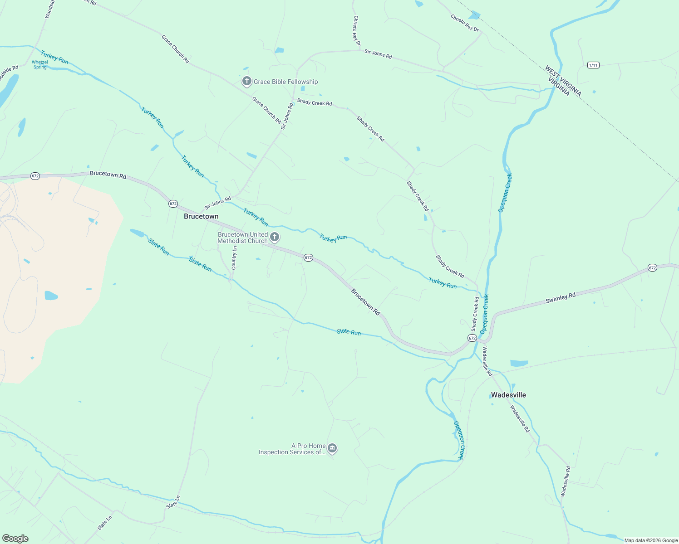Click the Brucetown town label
pos(201,217)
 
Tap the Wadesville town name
pos(508,395)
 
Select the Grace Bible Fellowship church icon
pos(246,82)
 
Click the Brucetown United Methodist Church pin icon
pos(274,237)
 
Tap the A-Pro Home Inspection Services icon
pos(332,449)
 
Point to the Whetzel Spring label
pos(40,65)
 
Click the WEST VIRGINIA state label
pos(563,80)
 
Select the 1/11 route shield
pos(593,65)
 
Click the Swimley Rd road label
pos(561,298)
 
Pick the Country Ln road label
pos(234,258)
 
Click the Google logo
pos(15,539)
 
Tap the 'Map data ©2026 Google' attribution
pos(651,540)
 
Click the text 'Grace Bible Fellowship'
pos(285,82)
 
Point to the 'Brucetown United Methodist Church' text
pos(243,238)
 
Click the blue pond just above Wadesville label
pos(519,363)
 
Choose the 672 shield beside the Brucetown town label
pos(173,204)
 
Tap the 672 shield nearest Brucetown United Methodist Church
pos(308,257)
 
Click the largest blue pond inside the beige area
pos(51,296)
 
